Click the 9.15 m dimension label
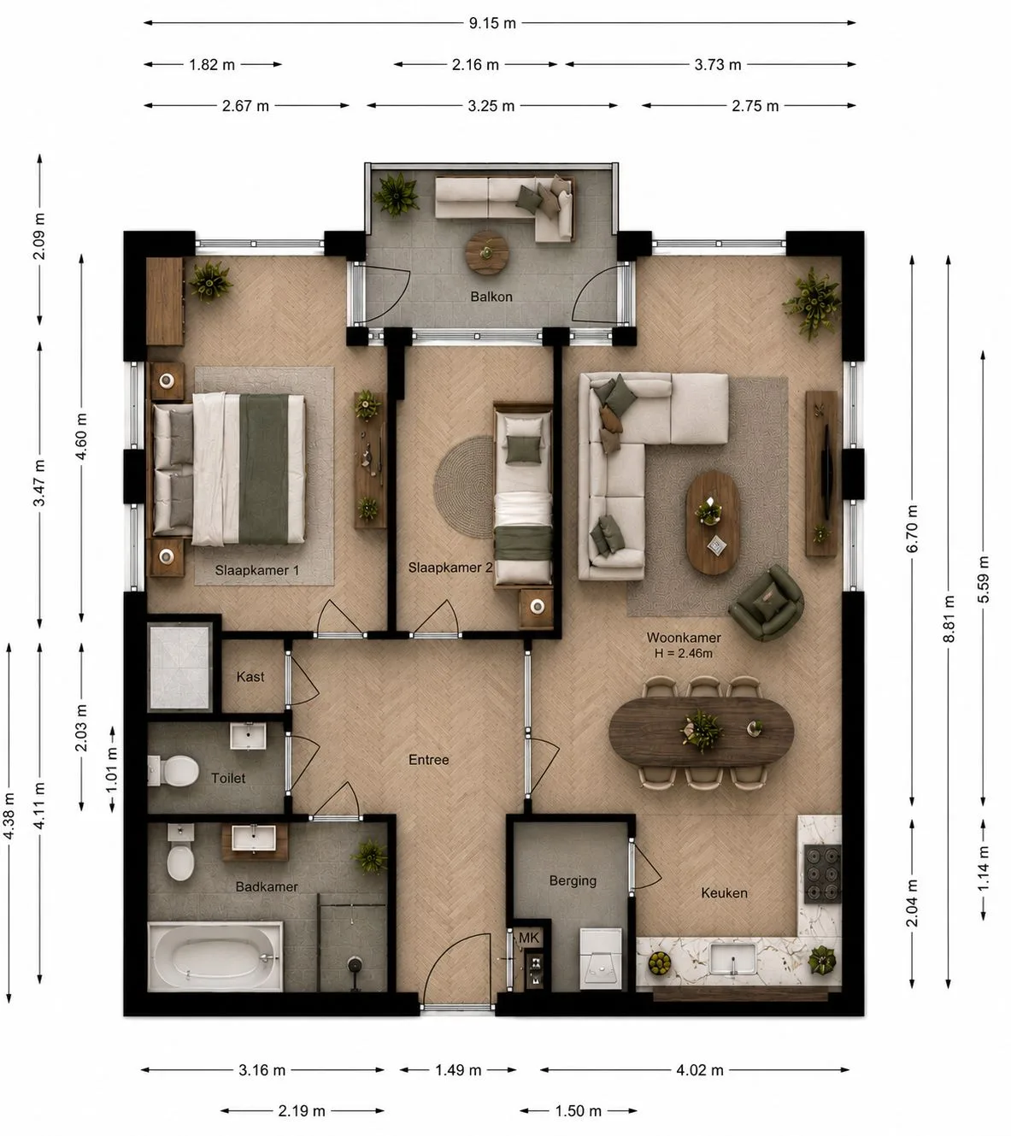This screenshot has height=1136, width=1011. [x=491, y=23]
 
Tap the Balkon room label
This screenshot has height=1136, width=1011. [x=491, y=297]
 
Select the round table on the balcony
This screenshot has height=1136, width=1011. [x=487, y=252]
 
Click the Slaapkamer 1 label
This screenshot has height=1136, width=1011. [x=257, y=570]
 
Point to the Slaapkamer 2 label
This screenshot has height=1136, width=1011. [x=450, y=568]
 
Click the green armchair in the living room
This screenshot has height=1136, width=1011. [x=766, y=603]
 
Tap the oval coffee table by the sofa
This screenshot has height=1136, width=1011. [x=713, y=522]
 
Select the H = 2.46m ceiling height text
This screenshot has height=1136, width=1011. [x=684, y=653]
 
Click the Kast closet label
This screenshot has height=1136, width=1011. [x=250, y=677]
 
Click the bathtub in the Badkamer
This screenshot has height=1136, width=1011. [x=215, y=956]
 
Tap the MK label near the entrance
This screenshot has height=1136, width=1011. [x=529, y=938]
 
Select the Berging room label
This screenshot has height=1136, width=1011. [x=573, y=880]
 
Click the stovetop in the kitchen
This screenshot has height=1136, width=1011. [x=823, y=874]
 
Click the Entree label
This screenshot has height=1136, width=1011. [x=428, y=760]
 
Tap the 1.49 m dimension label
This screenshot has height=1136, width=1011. [x=458, y=1070]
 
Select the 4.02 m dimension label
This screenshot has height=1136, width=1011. [x=699, y=1070]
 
